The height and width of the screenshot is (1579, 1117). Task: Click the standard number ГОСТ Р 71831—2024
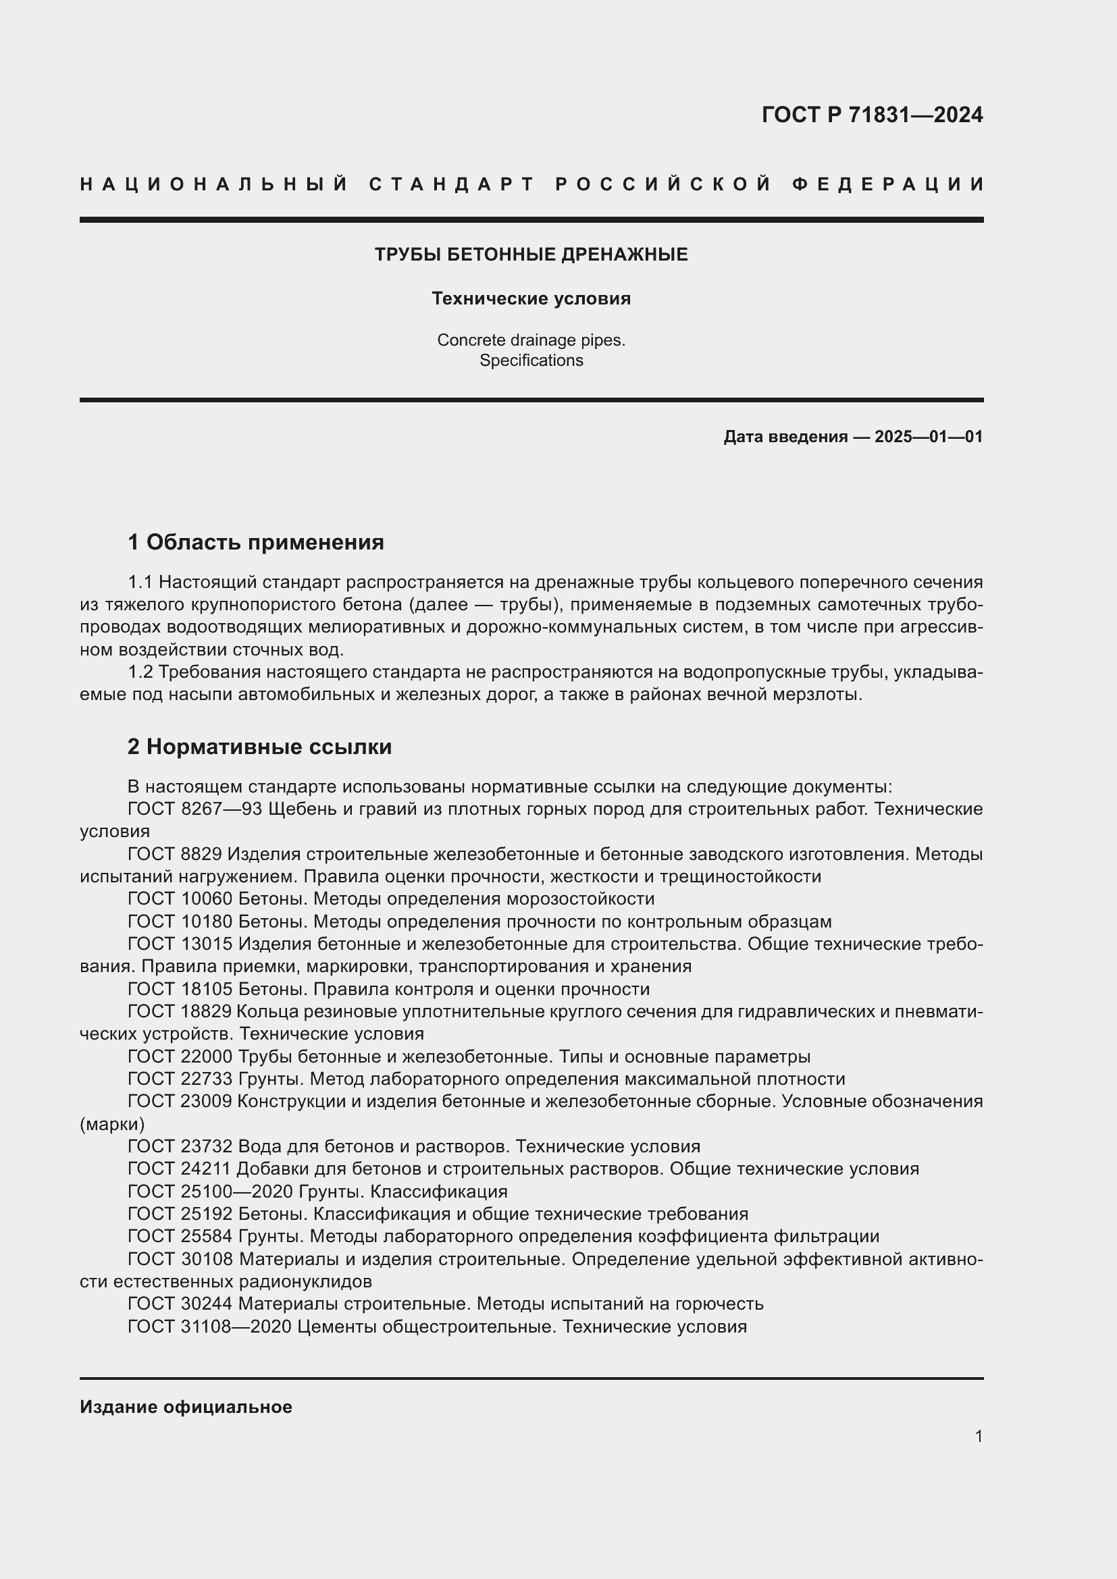(x=872, y=115)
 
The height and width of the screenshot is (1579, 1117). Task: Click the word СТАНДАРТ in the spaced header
(x=452, y=184)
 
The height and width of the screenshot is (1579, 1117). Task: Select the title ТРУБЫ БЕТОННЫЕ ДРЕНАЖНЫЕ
(x=531, y=255)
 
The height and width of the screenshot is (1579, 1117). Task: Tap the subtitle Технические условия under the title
(x=531, y=298)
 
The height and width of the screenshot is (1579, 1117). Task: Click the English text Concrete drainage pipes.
(x=531, y=340)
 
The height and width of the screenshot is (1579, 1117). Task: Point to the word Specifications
(x=531, y=360)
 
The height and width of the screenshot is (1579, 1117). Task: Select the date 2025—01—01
(x=929, y=437)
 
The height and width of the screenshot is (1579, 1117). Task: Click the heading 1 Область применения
(x=256, y=542)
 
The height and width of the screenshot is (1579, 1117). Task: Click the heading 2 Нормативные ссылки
(x=259, y=746)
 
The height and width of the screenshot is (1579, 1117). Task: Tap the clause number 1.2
(x=140, y=672)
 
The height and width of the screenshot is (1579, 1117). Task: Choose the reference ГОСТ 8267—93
(x=194, y=809)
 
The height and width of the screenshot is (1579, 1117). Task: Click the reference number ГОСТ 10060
(x=180, y=899)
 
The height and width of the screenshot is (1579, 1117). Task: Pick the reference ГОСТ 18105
(x=180, y=989)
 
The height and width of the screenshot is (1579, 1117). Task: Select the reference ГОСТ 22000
(x=180, y=1056)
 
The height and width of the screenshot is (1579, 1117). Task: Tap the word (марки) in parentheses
(x=112, y=1124)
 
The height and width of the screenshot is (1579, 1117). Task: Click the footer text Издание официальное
(x=186, y=1407)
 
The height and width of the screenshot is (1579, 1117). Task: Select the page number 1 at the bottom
(x=979, y=1436)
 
